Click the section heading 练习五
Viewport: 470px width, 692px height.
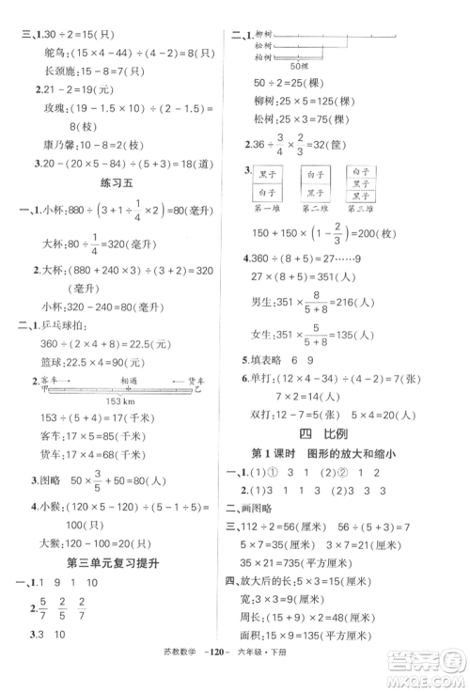117,186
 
